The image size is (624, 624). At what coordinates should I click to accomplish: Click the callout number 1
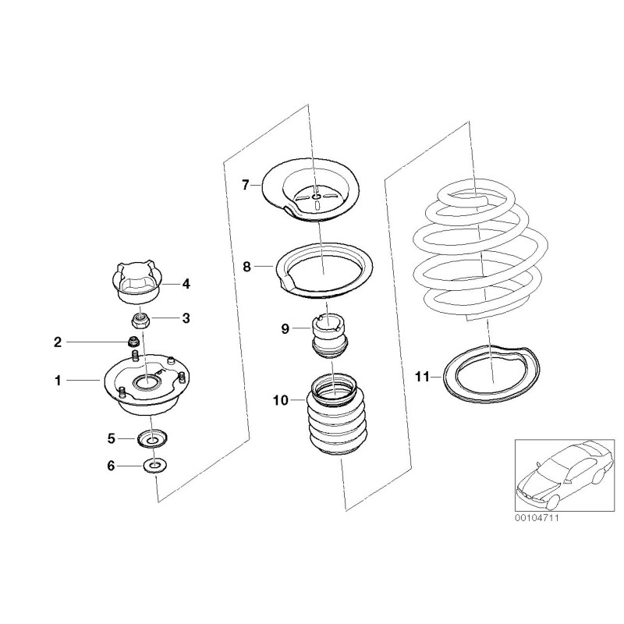[57, 381]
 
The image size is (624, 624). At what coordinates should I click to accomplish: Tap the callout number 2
[57, 342]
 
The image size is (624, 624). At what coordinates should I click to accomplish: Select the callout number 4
[186, 284]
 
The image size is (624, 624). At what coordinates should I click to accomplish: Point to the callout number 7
[245, 185]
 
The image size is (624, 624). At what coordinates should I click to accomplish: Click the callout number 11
[422, 377]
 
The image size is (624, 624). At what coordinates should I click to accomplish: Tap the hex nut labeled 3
[142, 320]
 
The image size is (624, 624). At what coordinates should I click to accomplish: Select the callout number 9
[285, 329]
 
